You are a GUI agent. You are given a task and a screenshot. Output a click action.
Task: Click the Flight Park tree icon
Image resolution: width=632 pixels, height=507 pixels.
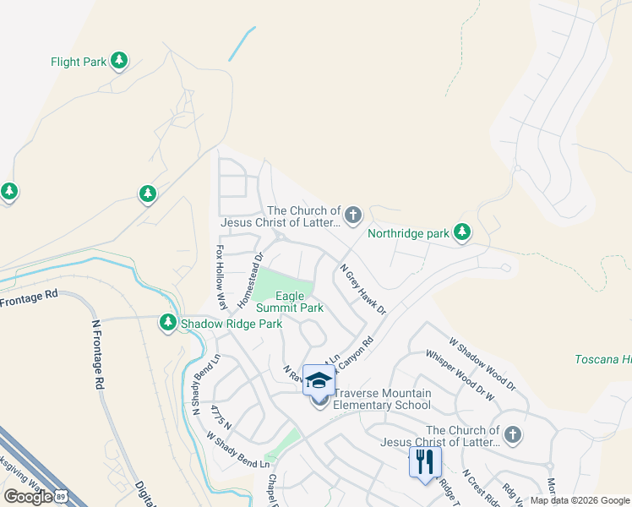point(120,61)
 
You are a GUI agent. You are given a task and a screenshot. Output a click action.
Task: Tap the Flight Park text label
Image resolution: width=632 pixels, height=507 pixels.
point(79,62)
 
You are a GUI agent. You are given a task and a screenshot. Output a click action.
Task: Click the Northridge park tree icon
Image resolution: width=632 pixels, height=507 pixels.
point(461,232)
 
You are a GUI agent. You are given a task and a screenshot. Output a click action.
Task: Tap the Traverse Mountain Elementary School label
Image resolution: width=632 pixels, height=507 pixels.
point(382,399)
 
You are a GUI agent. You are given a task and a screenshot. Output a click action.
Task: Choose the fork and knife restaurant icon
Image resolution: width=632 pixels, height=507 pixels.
point(425,461)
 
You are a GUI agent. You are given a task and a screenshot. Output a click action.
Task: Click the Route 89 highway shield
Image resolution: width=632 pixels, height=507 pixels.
point(61,496)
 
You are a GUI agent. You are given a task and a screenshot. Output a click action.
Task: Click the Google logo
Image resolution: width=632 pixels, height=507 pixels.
point(28,496)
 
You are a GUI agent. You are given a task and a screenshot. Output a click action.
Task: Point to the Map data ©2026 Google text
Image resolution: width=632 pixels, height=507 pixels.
point(579,500)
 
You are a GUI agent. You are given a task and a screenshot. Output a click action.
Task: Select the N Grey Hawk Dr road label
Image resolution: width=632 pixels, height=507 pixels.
point(362,290)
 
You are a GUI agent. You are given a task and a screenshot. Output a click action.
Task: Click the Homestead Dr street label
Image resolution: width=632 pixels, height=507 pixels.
point(251,279)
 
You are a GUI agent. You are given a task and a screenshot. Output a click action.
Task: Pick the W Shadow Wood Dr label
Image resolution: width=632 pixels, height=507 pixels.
point(482,364)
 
